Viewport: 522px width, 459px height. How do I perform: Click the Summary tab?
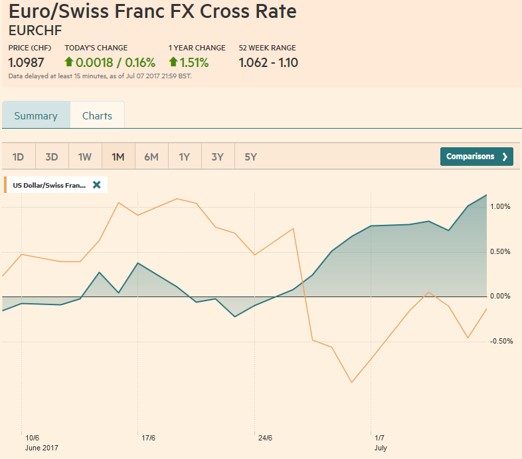(36, 115)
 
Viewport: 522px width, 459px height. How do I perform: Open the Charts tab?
(97, 115)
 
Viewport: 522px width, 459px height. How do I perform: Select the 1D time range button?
(19, 157)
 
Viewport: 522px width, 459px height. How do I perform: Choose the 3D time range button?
(52, 157)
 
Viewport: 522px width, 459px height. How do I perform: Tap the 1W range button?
(85, 157)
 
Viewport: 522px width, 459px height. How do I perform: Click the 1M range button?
(118, 157)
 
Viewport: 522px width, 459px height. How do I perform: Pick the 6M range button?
(151, 157)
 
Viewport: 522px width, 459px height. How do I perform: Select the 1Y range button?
(185, 157)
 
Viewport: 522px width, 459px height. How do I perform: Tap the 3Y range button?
(218, 157)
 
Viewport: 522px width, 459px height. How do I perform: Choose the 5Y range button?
(251, 157)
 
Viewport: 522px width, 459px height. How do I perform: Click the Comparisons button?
(476, 157)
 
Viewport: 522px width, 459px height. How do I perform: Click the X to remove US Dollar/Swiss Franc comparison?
(97, 185)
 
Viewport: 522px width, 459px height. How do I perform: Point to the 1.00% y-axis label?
(499, 206)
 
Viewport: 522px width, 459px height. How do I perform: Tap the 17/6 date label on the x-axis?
(149, 438)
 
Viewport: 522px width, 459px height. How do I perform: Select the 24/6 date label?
(265, 438)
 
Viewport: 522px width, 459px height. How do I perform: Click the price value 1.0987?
(27, 63)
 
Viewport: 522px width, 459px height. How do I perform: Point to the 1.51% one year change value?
(194, 63)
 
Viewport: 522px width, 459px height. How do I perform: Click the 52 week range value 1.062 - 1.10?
(268, 63)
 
